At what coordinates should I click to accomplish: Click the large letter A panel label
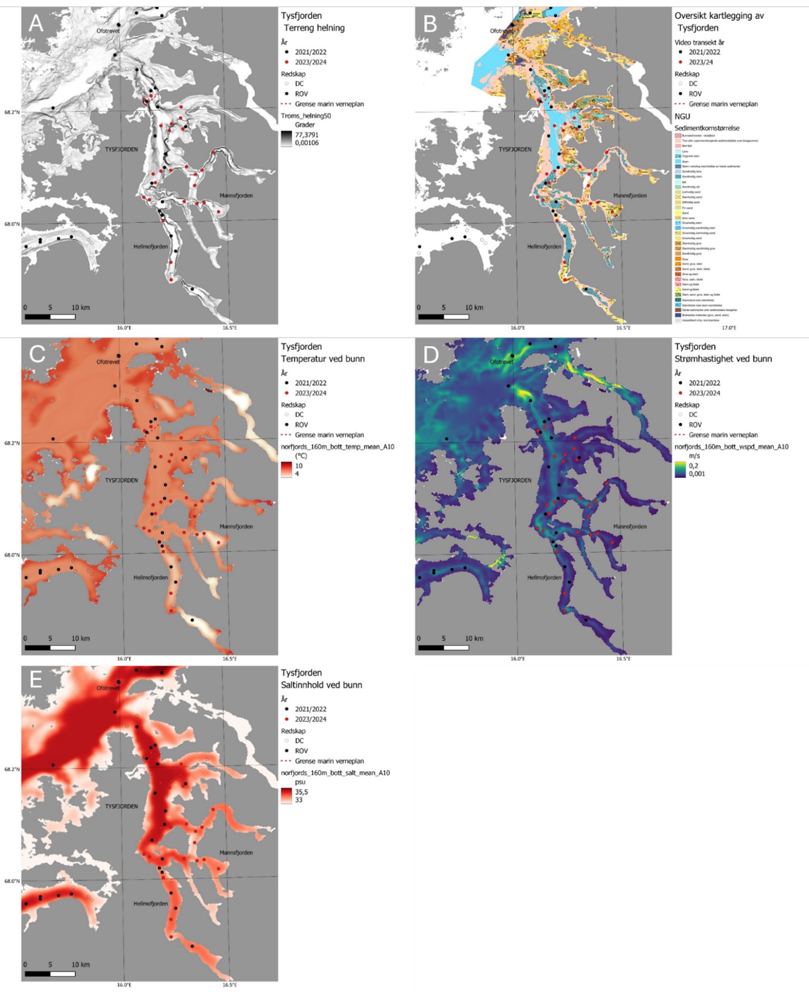click(36, 23)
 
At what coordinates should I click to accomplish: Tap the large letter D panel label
click(431, 355)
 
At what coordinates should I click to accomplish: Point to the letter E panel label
click(36, 680)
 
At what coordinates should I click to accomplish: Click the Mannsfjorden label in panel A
click(236, 195)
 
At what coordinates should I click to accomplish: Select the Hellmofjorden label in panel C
click(151, 578)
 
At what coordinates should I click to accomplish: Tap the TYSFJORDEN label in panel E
click(121, 807)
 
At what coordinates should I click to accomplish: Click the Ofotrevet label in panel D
click(502, 362)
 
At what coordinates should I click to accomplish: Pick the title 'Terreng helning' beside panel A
click(314, 28)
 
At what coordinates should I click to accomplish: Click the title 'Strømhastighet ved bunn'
click(723, 359)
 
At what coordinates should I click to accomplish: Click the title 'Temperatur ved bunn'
click(322, 359)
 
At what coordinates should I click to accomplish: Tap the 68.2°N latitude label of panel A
click(12, 112)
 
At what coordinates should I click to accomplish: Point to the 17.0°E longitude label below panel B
click(729, 328)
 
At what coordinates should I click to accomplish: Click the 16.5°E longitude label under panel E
click(229, 985)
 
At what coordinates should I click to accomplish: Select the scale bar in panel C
click(50, 648)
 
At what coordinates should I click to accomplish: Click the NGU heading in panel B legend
click(682, 116)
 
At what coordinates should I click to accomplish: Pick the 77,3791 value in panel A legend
click(306, 135)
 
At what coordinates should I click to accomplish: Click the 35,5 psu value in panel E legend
click(302, 792)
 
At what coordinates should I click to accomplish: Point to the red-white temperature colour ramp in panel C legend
click(286, 470)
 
